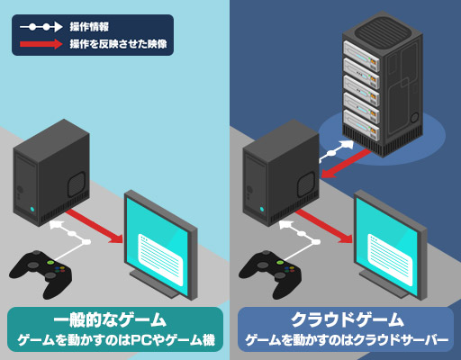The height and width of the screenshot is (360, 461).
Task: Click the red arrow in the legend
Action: (41, 44)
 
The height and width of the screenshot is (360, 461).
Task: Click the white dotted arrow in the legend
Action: (41, 27)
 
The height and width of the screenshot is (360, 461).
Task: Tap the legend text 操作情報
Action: (89, 27)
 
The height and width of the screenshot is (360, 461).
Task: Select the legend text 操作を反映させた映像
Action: (118, 44)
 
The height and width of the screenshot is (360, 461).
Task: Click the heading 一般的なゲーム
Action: (110, 319)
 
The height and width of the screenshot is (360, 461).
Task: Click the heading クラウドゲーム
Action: (348, 319)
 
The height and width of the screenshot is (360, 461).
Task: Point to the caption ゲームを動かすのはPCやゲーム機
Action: (116, 340)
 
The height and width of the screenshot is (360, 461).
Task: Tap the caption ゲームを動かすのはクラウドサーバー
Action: (347, 340)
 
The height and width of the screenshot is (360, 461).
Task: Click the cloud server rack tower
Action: (383, 84)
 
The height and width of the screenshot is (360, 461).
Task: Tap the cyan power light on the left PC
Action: (32, 209)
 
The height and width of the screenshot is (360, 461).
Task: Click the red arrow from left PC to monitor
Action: (95, 226)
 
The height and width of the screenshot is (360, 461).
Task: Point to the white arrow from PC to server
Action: (336, 151)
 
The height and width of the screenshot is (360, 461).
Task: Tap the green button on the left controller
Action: (50, 263)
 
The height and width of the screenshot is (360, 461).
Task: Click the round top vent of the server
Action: (382, 30)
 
